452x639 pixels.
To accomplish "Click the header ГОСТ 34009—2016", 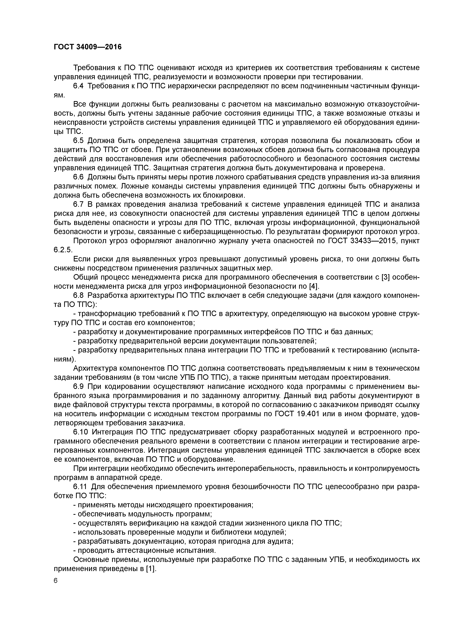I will tap(88, 47).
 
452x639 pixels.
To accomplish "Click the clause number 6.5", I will tap(78, 141).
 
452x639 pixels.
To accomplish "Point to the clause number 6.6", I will tap(78, 177).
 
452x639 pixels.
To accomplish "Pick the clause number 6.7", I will tap(78, 204).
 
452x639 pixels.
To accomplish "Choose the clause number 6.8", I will tap(78, 295).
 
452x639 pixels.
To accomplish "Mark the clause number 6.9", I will tap(78, 387).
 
